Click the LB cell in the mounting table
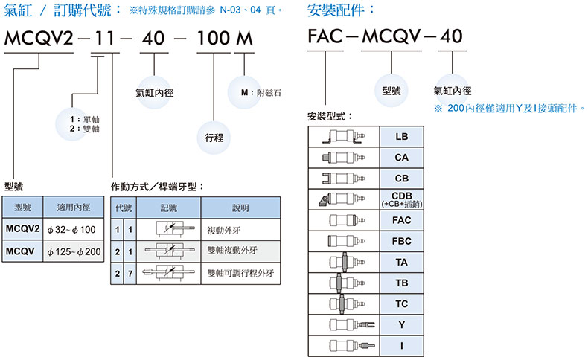pyautogui.click(x=402, y=138)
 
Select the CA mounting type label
pyautogui.click(x=402, y=158)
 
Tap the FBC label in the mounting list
pyautogui.click(x=402, y=242)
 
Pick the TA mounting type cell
pyautogui.click(x=402, y=263)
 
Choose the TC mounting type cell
pyautogui.click(x=402, y=304)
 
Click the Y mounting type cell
pyautogui.click(x=402, y=325)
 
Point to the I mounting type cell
pyautogui.click(x=402, y=346)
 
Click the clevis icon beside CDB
pyautogui.click(x=343, y=200)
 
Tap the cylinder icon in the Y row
pyautogui.click(x=343, y=325)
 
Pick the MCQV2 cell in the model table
pyautogui.click(x=22, y=229)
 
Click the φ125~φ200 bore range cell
pyautogui.click(x=73, y=251)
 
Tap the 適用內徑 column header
pyautogui.click(x=73, y=208)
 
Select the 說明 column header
pyautogui.click(x=240, y=208)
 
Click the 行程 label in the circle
pyautogui.click(x=215, y=138)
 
